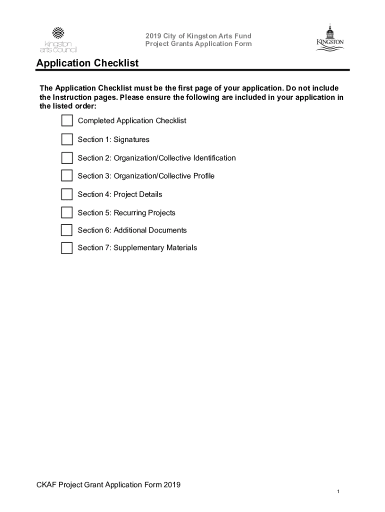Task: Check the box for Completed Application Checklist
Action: point(67,121)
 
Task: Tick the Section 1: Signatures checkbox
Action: point(67,139)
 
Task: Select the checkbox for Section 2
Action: point(67,158)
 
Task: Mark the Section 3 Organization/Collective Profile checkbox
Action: point(67,176)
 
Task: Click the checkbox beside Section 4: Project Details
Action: point(67,194)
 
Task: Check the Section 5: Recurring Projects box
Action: point(67,212)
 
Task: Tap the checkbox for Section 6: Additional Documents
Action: point(67,230)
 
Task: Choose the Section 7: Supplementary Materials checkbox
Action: point(67,248)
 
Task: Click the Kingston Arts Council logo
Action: point(58,39)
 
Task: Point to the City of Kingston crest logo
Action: point(329,37)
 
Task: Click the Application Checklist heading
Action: point(87,63)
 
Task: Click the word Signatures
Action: point(131,139)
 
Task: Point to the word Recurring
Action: point(129,212)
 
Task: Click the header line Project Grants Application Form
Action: point(198,44)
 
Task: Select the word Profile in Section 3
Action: point(202,176)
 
